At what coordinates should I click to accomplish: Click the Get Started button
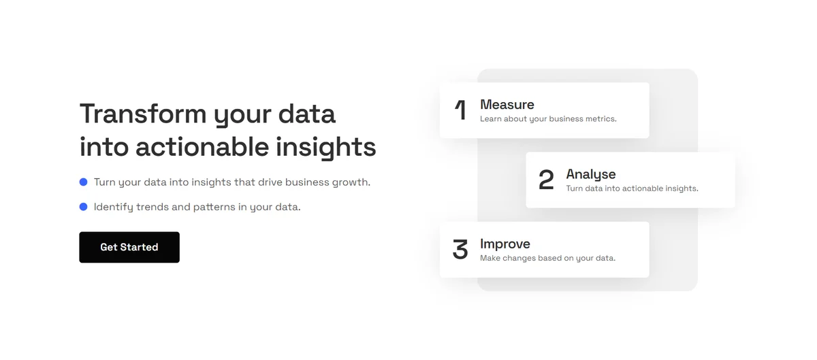129,247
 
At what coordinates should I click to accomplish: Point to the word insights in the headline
325,148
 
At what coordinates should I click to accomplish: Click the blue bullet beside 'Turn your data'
83,182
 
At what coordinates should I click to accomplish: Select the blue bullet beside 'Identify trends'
83,207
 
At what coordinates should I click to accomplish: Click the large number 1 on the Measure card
461,110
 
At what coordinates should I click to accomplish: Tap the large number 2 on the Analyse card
546,180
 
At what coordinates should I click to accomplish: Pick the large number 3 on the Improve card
460,249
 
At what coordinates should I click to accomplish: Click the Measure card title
507,105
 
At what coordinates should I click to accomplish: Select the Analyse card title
591,174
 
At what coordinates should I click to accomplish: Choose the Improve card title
505,244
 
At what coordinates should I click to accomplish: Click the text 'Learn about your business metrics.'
548,119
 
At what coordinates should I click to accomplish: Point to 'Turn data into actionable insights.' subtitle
632,189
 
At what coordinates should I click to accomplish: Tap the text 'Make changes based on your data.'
547,258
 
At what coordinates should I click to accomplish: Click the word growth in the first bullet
351,182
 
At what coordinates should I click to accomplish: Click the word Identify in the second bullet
114,207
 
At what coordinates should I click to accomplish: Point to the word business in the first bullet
307,182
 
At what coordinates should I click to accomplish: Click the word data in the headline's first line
307,114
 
